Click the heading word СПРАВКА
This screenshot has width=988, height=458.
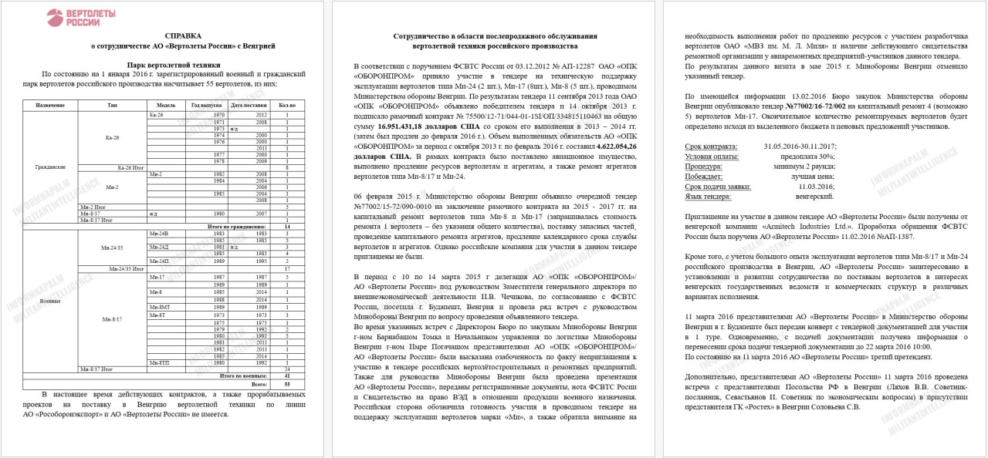coord(183,36)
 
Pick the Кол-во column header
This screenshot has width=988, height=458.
coord(286,105)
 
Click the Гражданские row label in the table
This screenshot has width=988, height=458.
coord(50,167)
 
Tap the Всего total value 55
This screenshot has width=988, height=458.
coord(286,383)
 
